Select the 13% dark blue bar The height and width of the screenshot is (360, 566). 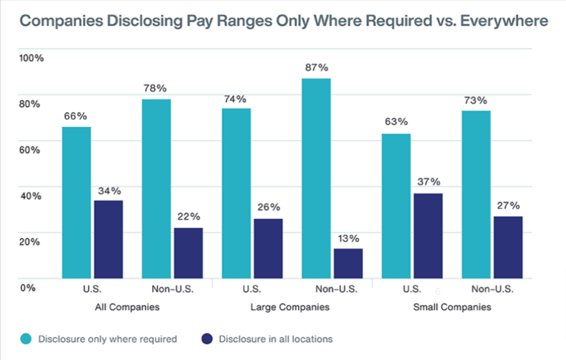(x=348, y=263)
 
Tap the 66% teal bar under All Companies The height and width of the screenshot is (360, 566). (x=76, y=202)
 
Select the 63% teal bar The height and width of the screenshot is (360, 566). (x=396, y=206)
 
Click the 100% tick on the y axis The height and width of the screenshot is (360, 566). (x=32, y=58)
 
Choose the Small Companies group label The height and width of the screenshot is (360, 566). (x=451, y=308)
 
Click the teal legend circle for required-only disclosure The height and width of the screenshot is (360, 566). (x=26, y=339)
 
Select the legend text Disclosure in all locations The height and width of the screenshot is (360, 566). (x=276, y=339)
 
